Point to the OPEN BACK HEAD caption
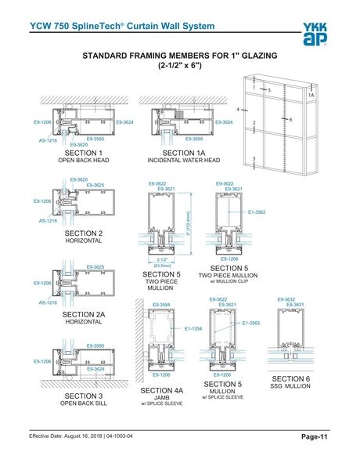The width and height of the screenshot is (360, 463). (x=84, y=161)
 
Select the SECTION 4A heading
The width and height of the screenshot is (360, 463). (x=161, y=389)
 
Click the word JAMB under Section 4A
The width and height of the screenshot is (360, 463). (x=161, y=398)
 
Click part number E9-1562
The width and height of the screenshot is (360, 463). (x=257, y=212)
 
